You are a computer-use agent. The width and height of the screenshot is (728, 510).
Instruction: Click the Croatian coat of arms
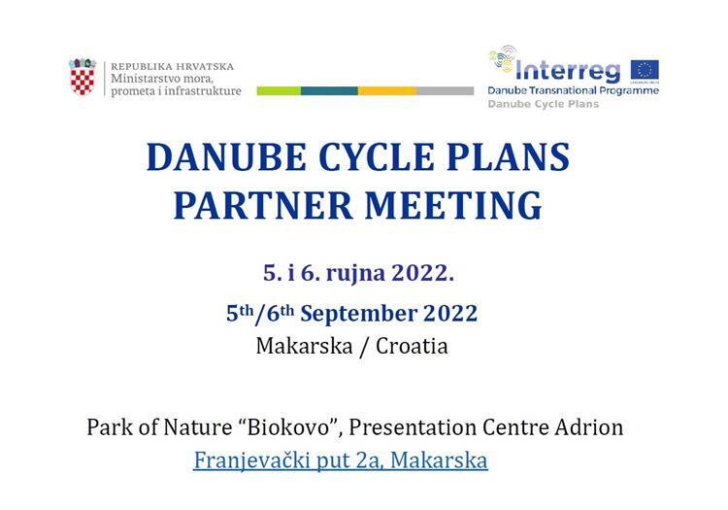[x=83, y=77]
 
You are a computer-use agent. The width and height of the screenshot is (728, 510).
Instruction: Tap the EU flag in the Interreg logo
[x=645, y=71]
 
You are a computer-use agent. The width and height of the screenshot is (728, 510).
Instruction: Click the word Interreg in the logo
[x=568, y=71]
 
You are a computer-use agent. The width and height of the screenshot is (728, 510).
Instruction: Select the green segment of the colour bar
[x=279, y=90]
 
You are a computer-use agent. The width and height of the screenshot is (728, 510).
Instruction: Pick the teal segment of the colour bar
[x=329, y=90]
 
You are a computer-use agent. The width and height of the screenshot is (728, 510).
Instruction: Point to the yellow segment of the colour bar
[x=387, y=90]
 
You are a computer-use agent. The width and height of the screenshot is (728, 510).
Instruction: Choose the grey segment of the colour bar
[x=446, y=90]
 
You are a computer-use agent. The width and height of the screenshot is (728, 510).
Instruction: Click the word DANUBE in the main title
[x=226, y=157]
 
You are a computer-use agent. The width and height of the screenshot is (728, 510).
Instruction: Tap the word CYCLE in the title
[x=377, y=157]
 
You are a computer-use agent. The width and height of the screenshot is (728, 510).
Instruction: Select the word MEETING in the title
[x=453, y=205]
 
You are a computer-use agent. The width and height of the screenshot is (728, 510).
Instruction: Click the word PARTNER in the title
[x=263, y=205]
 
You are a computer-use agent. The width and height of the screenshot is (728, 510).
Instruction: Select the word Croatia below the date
[x=412, y=346]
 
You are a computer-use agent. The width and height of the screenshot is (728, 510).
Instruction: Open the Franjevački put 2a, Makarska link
[x=341, y=460]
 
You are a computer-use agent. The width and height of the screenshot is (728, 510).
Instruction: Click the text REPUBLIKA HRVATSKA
[x=172, y=66]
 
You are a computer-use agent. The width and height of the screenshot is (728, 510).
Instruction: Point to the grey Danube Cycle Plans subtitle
[x=544, y=104]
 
